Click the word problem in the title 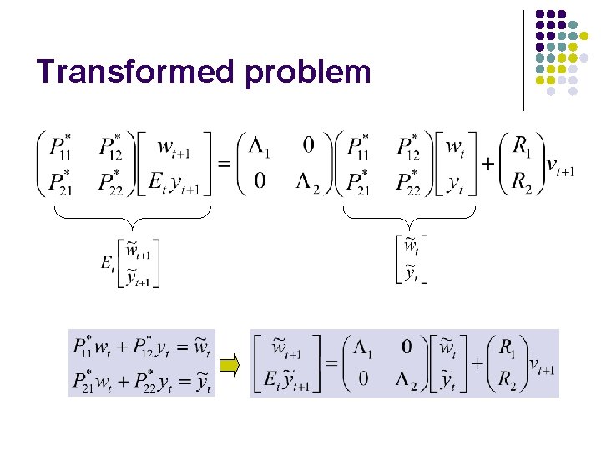coord(308,73)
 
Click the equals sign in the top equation coord(224,164)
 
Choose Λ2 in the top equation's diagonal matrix coord(306,181)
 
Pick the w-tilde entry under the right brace coord(411,247)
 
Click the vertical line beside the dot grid coord(524,59)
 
